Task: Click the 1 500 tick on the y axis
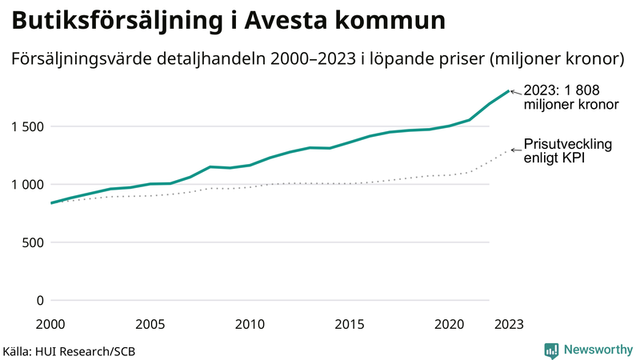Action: click(26, 126)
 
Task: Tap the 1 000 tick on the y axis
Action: click(26, 185)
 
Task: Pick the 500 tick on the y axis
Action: click(32, 243)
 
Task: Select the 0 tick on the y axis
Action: click(39, 301)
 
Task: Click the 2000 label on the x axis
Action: click(51, 324)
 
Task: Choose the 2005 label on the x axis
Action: click(150, 324)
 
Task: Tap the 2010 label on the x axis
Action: click(250, 324)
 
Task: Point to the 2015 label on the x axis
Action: click(350, 324)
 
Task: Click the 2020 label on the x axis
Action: click(450, 324)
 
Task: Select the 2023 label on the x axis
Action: click(509, 324)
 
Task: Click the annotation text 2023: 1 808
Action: click(562, 90)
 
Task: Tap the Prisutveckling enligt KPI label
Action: click(567, 150)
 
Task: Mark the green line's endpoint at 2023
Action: click(509, 91)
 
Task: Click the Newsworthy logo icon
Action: click(551, 350)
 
